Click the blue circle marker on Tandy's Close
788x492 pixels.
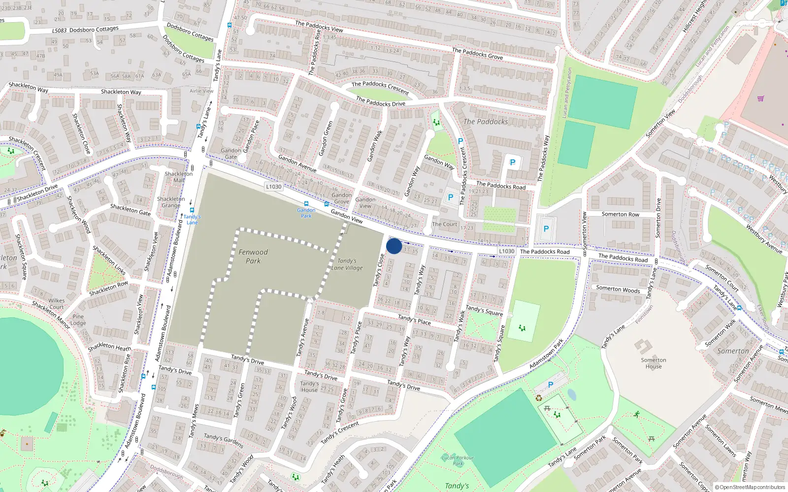pyautogui.click(x=394, y=246)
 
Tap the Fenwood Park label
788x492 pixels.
pyautogui.click(x=253, y=256)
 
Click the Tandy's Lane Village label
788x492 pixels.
pyautogui.click(x=347, y=265)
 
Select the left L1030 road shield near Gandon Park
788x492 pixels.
pyautogui.click(x=274, y=186)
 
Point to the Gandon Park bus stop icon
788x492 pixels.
pyautogui.click(x=306, y=204)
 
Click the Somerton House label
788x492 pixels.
pyautogui.click(x=654, y=363)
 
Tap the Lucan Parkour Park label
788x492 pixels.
pyautogui.click(x=458, y=461)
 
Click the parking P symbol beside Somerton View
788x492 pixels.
pyautogui.click(x=546, y=229)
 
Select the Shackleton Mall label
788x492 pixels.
pyautogui.click(x=179, y=177)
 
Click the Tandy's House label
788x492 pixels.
pyautogui.click(x=309, y=387)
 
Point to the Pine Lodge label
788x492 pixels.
pyautogui.click(x=78, y=320)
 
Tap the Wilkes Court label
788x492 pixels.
pyautogui.click(x=57, y=304)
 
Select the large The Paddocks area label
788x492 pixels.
pyautogui.click(x=486, y=122)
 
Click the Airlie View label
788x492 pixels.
pyautogui.click(x=201, y=91)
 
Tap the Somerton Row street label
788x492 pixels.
pyautogui.click(x=620, y=214)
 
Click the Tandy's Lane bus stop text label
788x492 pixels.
pyautogui.click(x=192, y=219)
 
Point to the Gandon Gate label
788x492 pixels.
pyautogui.click(x=231, y=154)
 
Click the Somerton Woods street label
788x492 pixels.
pyautogui.click(x=618, y=289)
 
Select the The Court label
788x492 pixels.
pyautogui.click(x=445, y=224)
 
